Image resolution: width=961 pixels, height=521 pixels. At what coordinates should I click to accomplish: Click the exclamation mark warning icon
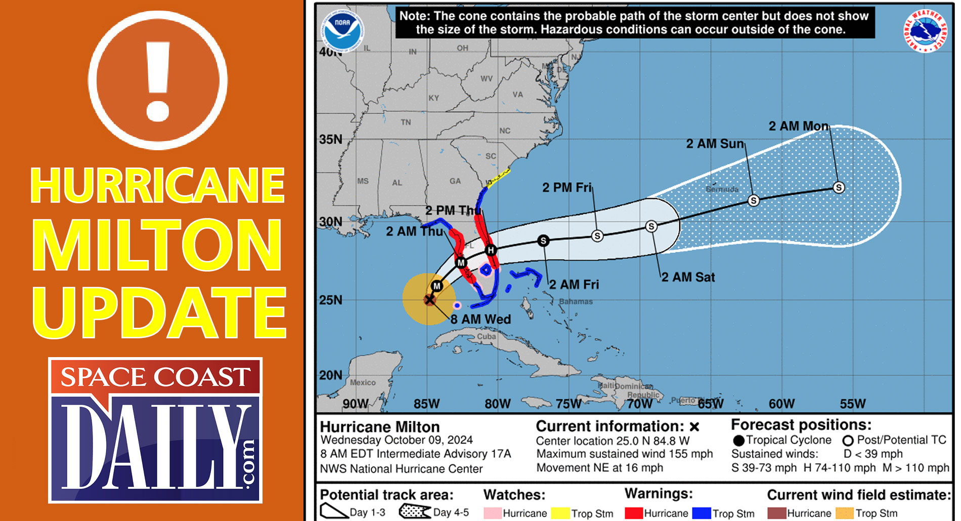[158, 80]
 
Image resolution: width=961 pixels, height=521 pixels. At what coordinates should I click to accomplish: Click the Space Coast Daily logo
[155, 430]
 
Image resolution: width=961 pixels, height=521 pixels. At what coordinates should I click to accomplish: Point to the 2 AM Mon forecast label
[799, 126]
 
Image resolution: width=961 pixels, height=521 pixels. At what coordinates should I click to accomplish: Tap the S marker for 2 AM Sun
[754, 200]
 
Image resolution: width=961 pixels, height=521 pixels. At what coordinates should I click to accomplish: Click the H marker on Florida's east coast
[490, 250]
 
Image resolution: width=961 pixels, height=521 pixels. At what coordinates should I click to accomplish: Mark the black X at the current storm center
[429, 300]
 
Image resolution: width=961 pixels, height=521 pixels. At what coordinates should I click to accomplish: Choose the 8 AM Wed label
[481, 319]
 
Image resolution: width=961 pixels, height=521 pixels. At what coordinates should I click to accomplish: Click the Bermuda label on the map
[722, 189]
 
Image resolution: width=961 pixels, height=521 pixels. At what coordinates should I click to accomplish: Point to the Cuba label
[487, 336]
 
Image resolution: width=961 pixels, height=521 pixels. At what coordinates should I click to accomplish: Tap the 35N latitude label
[331, 139]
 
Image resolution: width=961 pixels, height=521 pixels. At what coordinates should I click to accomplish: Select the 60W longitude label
[781, 404]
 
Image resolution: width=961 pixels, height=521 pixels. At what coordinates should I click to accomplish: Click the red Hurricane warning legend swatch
[634, 513]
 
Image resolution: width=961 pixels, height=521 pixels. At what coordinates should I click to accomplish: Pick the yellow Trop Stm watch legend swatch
[560, 513]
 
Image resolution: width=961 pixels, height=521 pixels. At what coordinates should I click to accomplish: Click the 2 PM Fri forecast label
[566, 188]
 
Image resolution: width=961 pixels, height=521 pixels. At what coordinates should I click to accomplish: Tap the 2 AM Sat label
[688, 277]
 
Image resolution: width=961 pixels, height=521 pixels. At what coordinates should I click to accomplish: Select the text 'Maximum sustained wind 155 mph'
[625, 454]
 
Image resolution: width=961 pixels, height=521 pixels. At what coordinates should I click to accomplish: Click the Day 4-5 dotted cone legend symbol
[415, 512]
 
